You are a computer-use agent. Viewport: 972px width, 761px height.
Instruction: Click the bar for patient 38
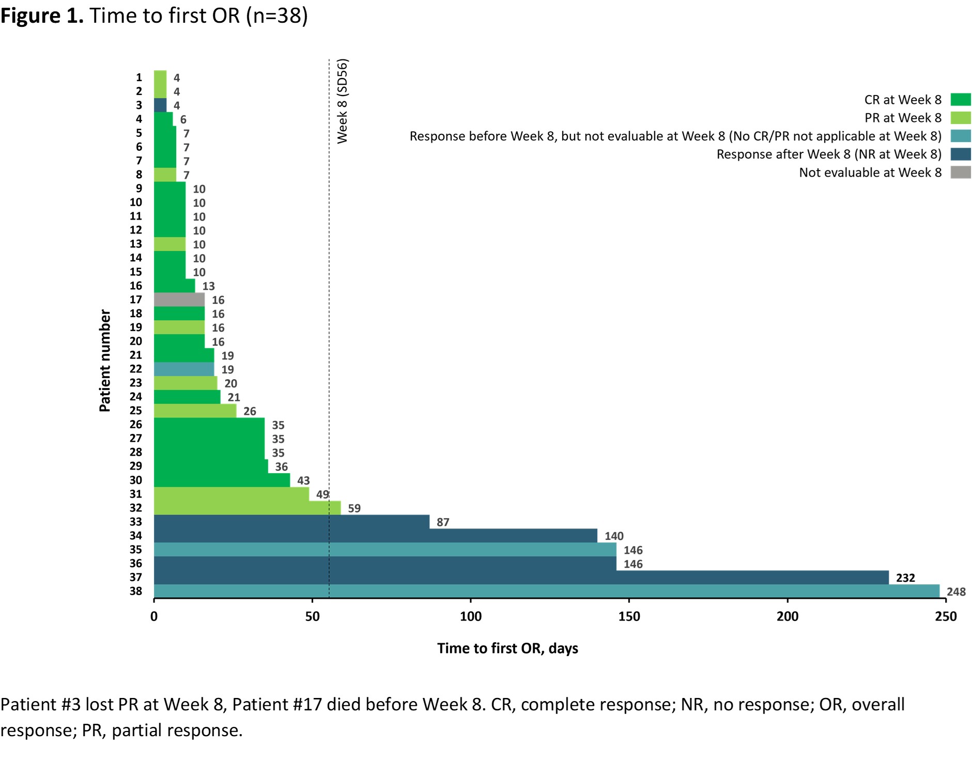(x=546, y=591)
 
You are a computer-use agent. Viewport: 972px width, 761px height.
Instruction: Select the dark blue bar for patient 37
(x=521, y=577)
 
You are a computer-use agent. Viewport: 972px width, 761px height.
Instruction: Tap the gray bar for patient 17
(x=179, y=300)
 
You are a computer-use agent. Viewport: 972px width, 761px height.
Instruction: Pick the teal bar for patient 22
(x=184, y=369)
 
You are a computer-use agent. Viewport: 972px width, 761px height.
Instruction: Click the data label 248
(x=955, y=592)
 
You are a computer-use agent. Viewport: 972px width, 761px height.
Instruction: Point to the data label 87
(x=443, y=522)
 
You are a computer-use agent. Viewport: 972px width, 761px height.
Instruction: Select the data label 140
(x=614, y=536)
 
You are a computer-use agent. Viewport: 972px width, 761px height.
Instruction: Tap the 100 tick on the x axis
(x=471, y=616)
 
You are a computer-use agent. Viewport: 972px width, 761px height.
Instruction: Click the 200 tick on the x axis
(x=788, y=616)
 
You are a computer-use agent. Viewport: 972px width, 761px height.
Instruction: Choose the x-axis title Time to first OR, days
(x=507, y=648)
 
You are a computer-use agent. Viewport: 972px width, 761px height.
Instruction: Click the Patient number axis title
(x=105, y=361)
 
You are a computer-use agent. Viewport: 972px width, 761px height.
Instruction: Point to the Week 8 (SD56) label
(x=343, y=101)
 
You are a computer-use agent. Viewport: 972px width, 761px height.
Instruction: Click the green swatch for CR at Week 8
(x=960, y=99)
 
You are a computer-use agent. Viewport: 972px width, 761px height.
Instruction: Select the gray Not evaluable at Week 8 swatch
(x=960, y=172)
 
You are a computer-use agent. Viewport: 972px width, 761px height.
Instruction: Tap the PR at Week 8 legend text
(x=903, y=118)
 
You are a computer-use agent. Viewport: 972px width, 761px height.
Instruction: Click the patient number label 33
(x=135, y=522)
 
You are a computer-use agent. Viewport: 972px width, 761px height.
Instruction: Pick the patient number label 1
(x=138, y=77)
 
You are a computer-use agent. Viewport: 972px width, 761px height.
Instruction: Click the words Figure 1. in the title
(x=41, y=15)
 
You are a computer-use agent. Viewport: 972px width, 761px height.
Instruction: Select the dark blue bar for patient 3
(x=160, y=105)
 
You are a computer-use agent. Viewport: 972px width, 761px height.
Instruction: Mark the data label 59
(x=354, y=508)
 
